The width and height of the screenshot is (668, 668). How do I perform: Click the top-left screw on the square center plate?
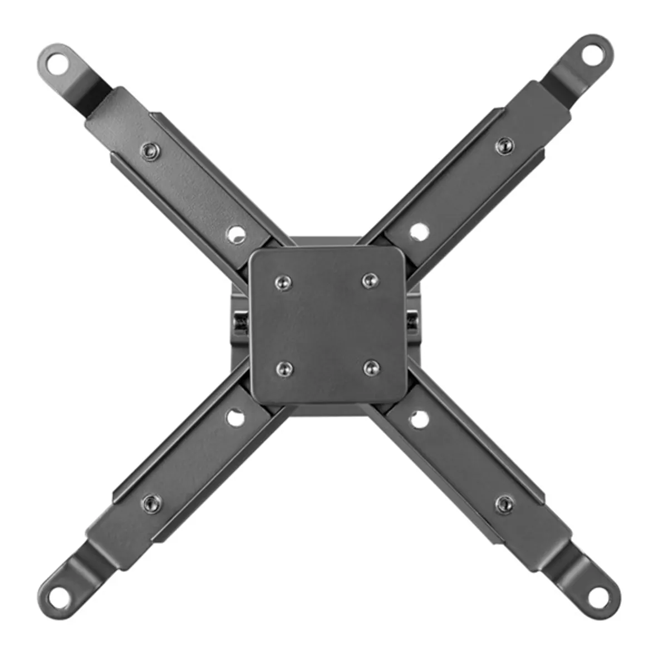point(283,282)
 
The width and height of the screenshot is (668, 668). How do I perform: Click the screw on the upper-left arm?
point(149,150)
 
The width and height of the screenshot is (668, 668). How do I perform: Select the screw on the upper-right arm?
point(504,144)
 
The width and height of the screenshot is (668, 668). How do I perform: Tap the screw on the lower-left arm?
point(149,504)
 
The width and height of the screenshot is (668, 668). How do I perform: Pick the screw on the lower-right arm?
point(504,503)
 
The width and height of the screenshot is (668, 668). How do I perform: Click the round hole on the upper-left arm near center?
point(237,233)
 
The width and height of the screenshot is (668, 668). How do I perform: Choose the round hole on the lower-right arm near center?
point(419,420)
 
